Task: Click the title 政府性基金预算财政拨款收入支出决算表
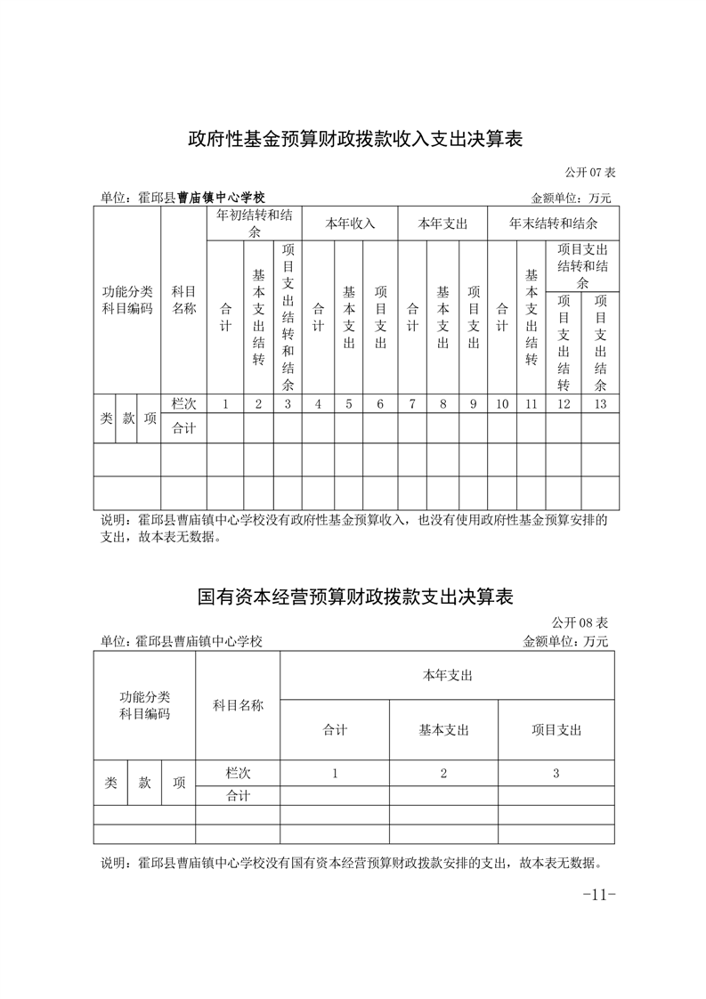[353, 139]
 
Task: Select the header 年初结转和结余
[254, 223]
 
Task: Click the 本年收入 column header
[349, 223]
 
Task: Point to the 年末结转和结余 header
[553, 223]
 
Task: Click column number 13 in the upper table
[600, 404]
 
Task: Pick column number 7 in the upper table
[412, 404]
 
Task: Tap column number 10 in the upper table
[502, 404]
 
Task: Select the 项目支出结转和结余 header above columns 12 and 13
[582, 265]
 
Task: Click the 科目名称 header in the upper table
[183, 300]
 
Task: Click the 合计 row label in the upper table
[183, 428]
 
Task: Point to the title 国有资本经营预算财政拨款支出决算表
[353, 597]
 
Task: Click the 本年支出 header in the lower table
[447, 676]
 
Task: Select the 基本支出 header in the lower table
[443, 730]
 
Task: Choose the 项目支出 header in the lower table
[556, 730]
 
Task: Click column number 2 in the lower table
[443, 774]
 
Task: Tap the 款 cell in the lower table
[144, 783]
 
